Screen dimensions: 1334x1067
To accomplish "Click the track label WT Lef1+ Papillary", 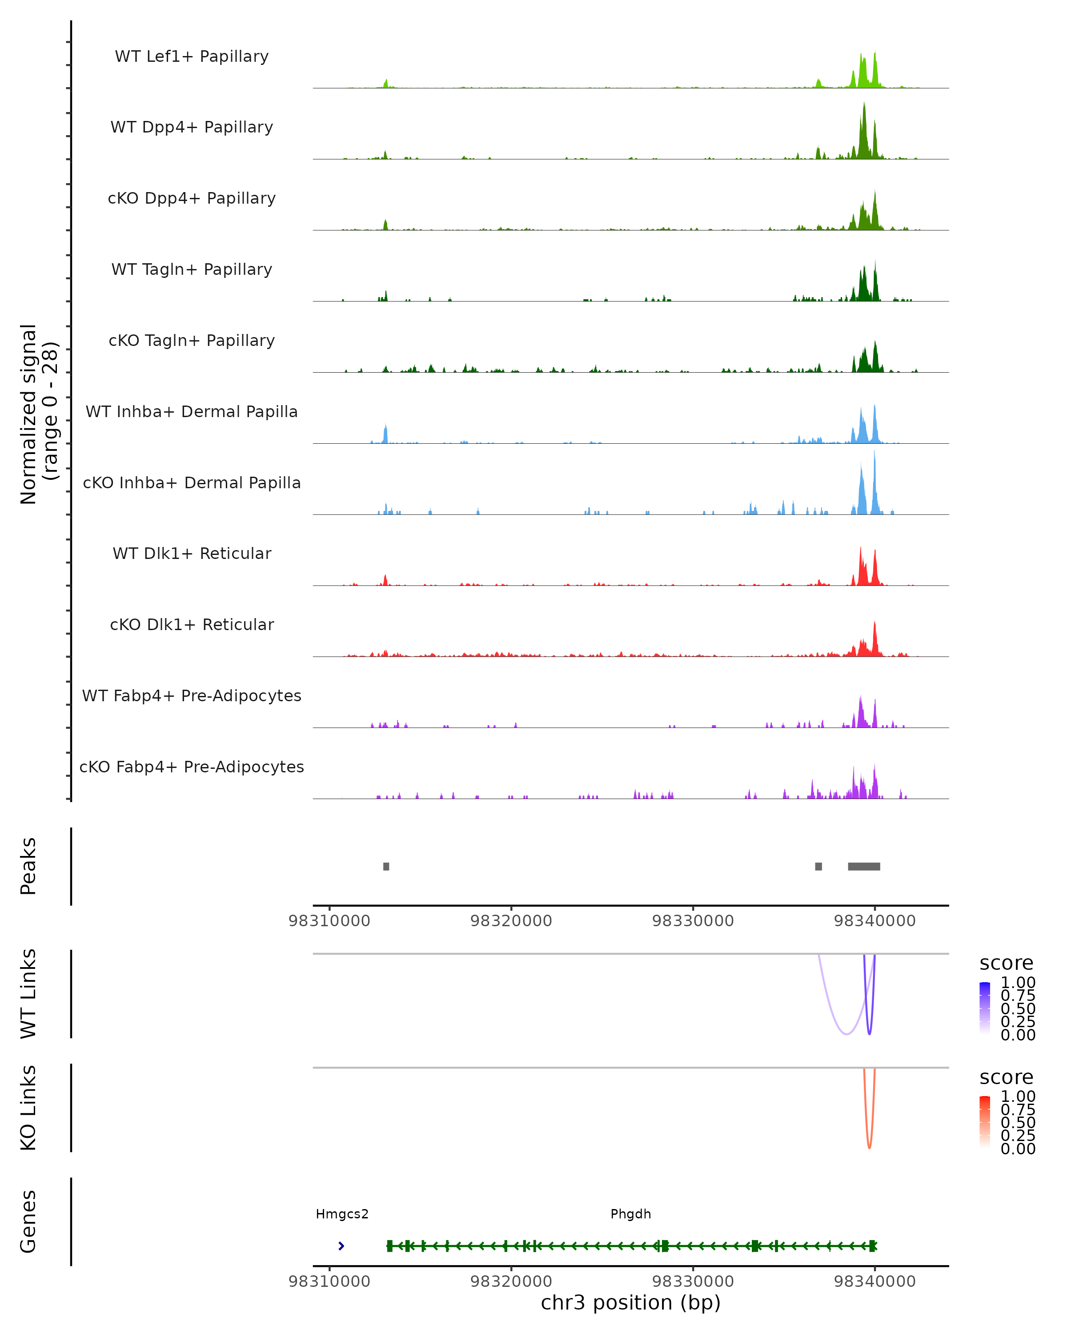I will click(x=192, y=56).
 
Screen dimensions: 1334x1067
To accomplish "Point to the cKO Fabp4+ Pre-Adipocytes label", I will click(x=192, y=767).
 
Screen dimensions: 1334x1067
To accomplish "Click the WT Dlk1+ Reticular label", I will click(x=192, y=553).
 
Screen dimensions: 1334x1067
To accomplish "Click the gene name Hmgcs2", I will click(x=342, y=1214).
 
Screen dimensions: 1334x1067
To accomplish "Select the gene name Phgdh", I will click(x=630, y=1214).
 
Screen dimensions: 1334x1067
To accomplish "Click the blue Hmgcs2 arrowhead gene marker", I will click(x=341, y=1246).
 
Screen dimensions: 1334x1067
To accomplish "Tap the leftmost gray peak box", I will click(x=386, y=866).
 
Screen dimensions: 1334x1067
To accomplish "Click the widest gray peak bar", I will click(x=863, y=866).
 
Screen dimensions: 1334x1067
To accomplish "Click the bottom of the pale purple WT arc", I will click(x=846, y=1033).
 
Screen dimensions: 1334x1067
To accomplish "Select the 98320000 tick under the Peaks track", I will click(x=511, y=921).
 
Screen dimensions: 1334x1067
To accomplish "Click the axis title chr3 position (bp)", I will click(x=630, y=1303).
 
